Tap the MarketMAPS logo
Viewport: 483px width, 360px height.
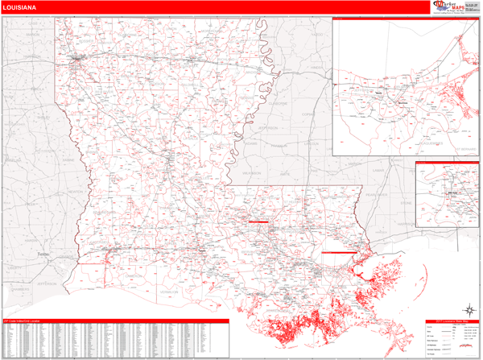click(x=456, y=7)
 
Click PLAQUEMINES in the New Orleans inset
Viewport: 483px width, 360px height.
click(x=434, y=143)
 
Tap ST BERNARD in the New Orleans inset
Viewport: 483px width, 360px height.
click(x=464, y=150)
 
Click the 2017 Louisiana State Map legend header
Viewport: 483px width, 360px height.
click(x=452, y=321)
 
